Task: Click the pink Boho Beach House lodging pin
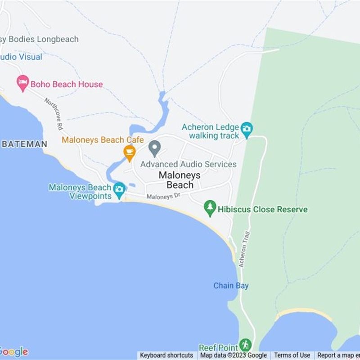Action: click(x=22, y=83)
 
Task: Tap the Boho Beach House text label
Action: click(x=67, y=84)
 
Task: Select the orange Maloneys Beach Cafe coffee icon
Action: click(x=130, y=152)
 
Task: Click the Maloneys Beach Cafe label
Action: click(x=103, y=140)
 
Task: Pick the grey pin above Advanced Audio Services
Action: click(x=155, y=148)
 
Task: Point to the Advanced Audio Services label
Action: click(x=188, y=164)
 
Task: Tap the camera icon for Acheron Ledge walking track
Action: click(x=247, y=129)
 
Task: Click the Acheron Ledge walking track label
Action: click(x=211, y=131)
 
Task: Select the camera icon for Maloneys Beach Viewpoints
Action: click(x=119, y=189)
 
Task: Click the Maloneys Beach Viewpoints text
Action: click(x=80, y=192)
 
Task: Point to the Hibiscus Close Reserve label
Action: click(x=263, y=210)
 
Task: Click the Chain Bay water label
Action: click(x=231, y=286)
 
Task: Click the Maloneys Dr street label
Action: click(x=163, y=197)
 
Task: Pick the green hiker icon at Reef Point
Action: click(x=245, y=345)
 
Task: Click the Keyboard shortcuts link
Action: click(x=166, y=355)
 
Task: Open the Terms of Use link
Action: click(x=292, y=355)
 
